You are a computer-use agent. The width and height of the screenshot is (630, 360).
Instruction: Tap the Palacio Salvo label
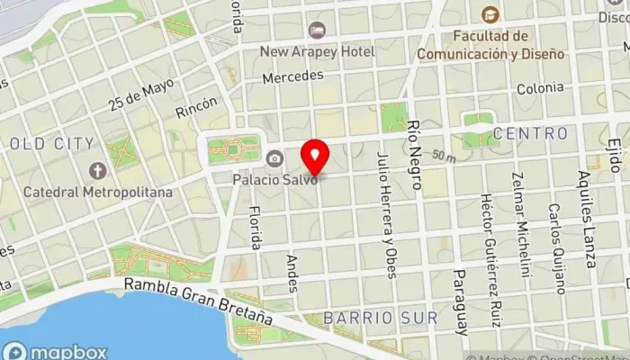pyautogui.click(x=275, y=178)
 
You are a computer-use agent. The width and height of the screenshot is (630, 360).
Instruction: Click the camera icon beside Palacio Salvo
pyautogui.click(x=274, y=159)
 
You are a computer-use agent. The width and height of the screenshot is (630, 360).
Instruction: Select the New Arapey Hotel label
pyautogui.click(x=317, y=52)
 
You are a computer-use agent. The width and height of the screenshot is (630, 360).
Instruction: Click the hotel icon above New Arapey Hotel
pyautogui.click(x=316, y=31)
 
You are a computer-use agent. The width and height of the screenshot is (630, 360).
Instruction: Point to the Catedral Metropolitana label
pyautogui.click(x=97, y=192)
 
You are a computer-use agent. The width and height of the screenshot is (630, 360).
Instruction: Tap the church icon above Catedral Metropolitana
pyautogui.click(x=97, y=170)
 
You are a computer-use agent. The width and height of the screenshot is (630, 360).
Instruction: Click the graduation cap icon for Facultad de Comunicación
pyautogui.click(x=490, y=14)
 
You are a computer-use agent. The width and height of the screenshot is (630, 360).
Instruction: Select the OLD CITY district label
pyautogui.click(x=50, y=143)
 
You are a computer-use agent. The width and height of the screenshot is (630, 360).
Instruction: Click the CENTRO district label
pyautogui.click(x=530, y=134)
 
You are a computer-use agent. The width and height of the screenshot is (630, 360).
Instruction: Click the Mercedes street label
pyautogui.click(x=292, y=77)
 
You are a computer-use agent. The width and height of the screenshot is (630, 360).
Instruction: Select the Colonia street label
pyautogui.click(x=540, y=88)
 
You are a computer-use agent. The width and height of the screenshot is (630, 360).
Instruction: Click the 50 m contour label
pyautogui.click(x=443, y=156)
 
